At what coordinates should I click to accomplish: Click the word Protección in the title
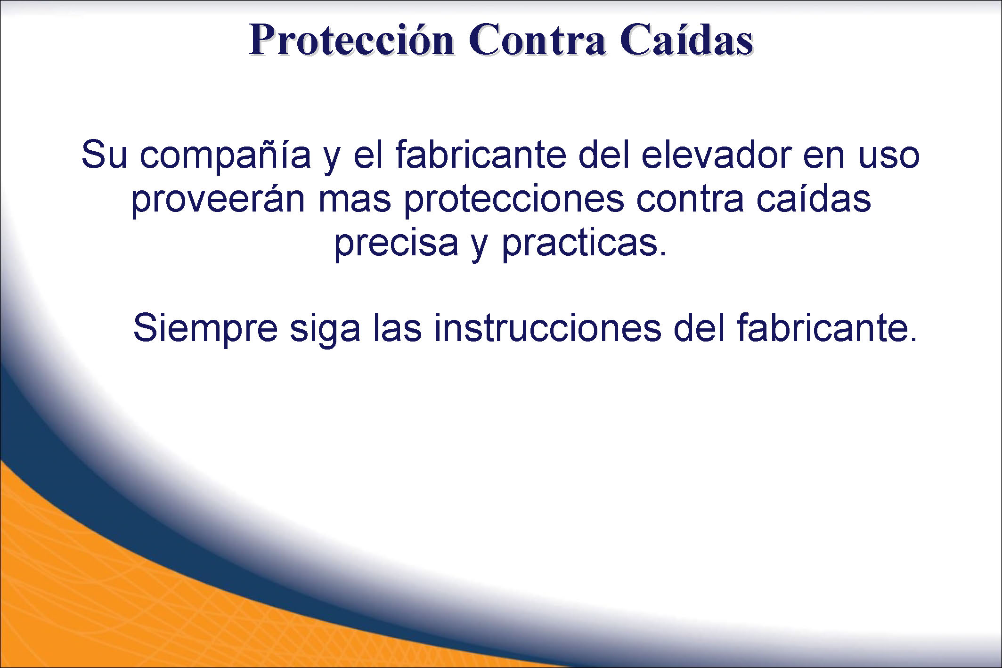(x=351, y=41)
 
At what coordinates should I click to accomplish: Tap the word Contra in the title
(x=537, y=40)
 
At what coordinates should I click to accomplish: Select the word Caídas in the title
(x=686, y=40)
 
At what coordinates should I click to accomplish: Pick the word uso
(x=889, y=158)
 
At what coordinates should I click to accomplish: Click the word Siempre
(x=205, y=329)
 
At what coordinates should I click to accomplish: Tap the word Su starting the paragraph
(x=104, y=154)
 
